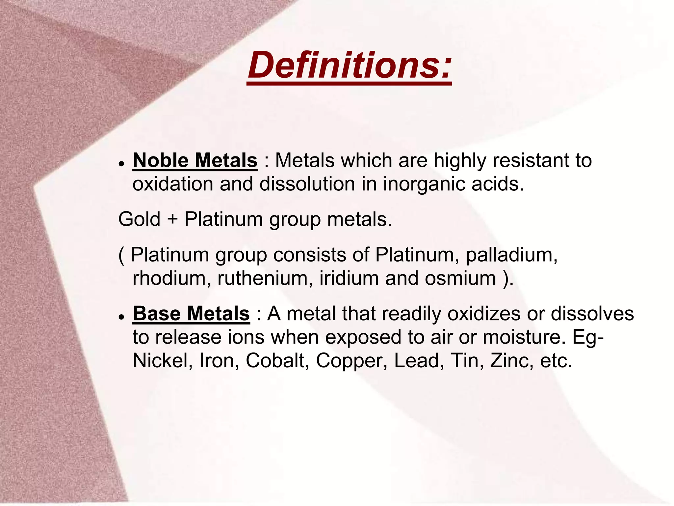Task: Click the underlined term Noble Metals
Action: (195, 161)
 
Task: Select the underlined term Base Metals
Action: (191, 314)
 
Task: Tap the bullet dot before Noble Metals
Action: (122, 164)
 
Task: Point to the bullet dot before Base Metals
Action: (122, 317)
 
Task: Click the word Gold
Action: (139, 219)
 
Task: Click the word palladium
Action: (512, 255)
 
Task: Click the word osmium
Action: (460, 278)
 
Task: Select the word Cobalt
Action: (277, 361)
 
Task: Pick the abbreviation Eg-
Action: (588, 338)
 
